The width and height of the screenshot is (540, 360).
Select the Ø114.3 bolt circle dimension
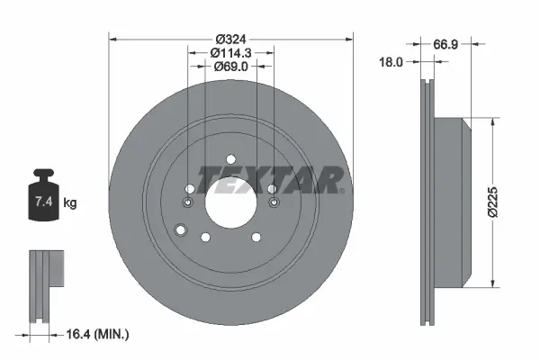[230, 53]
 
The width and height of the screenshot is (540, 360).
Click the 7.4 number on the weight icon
[42, 202]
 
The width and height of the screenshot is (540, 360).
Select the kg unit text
[70, 203]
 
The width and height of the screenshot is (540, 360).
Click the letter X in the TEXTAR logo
[274, 180]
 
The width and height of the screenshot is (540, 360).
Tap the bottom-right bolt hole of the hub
[256, 237]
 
